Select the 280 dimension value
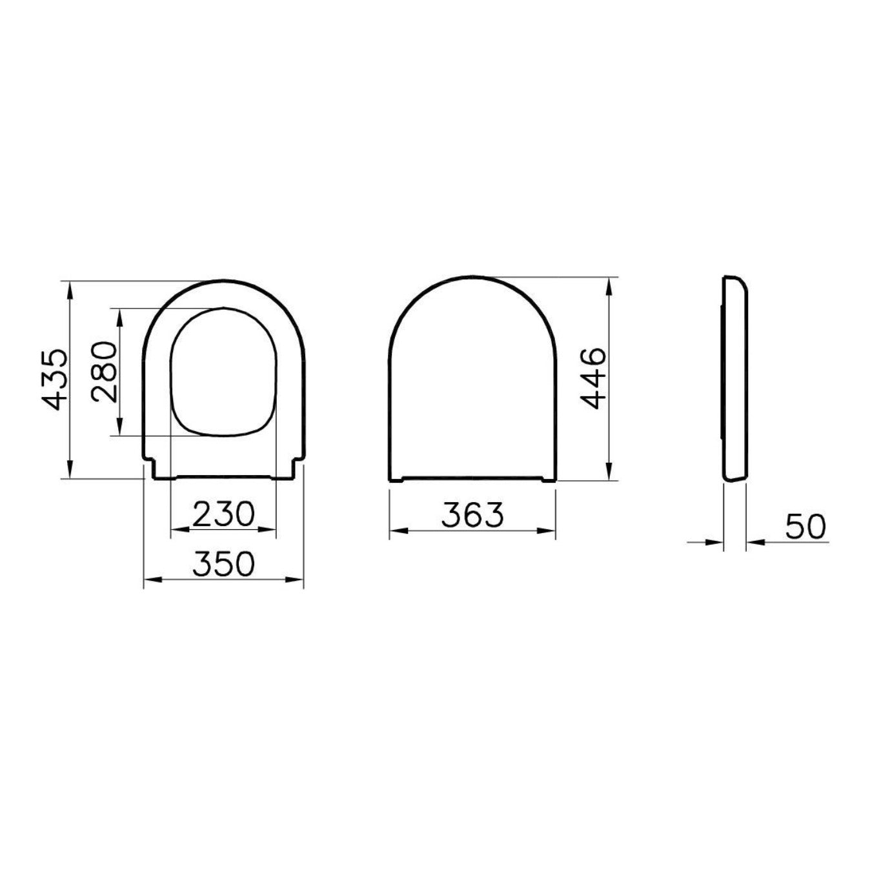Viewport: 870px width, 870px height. [x=104, y=372]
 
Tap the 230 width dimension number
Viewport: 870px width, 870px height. [x=223, y=514]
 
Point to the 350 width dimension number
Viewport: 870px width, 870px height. [x=224, y=564]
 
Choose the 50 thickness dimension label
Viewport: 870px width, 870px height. [x=805, y=527]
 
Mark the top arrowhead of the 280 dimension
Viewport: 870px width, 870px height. [x=119, y=318]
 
